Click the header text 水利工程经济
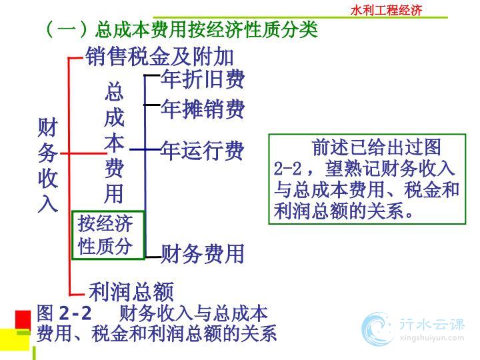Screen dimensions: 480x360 coord(386,10)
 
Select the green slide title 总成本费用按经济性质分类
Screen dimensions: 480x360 coord(206,30)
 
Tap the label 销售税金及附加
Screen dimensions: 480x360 coord(159,57)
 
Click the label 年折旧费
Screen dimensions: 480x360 coord(203,79)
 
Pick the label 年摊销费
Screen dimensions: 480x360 coord(203,109)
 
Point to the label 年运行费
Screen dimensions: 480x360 coord(203,150)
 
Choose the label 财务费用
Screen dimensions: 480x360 coord(203,253)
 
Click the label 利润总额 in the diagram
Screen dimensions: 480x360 coord(131,291)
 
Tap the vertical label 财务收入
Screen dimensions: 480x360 coord(48,165)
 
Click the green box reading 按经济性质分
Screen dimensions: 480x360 coord(108,235)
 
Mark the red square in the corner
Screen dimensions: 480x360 coord(23,320)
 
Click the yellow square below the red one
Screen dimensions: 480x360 coord(15,339)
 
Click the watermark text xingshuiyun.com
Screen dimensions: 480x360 coord(431,338)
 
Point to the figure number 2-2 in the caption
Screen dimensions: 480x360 coord(75,313)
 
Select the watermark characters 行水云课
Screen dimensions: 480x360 coord(432,325)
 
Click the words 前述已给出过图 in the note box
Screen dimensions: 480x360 coord(377,147)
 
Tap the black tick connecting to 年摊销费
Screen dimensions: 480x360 coord(152,105)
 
